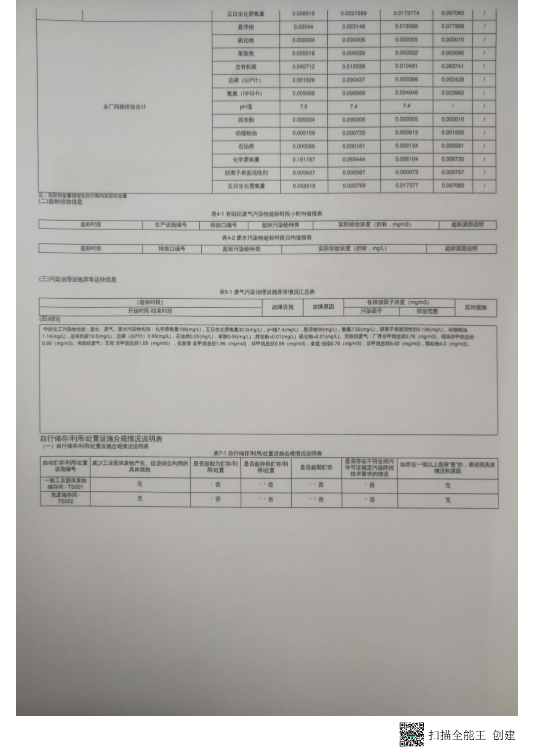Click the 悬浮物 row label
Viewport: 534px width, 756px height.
[x=246, y=27]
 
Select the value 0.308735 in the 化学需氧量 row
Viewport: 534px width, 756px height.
[x=452, y=159]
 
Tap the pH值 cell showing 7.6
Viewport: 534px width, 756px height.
[x=303, y=106]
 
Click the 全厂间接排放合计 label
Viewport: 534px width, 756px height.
[x=124, y=106]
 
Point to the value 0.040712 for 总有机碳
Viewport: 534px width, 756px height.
[x=303, y=66]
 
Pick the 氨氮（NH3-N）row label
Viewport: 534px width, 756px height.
[x=245, y=93]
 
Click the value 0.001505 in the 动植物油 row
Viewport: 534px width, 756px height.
[x=452, y=133]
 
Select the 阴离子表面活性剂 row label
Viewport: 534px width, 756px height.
[x=246, y=173]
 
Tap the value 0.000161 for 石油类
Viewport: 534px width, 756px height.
[x=354, y=146]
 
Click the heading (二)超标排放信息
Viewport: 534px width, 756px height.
[x=61, y=201]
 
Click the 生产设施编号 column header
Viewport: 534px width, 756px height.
[x=171, y=225]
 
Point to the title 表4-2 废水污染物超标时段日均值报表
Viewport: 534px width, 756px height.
[x=267, y=237]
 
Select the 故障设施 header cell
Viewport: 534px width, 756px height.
[x=282, y=307]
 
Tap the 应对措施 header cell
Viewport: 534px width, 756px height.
[x=475, y=307]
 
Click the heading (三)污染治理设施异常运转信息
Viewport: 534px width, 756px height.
[x=78, y=280]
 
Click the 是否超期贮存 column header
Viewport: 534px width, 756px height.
[x=316, y=467]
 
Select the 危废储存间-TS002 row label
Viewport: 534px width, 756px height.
[x=65, y=498]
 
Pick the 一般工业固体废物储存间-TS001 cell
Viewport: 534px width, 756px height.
[x=65, y=483]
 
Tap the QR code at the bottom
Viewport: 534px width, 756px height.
[x=411, y=734]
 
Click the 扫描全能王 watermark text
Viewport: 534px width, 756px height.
[x=457, y=735]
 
